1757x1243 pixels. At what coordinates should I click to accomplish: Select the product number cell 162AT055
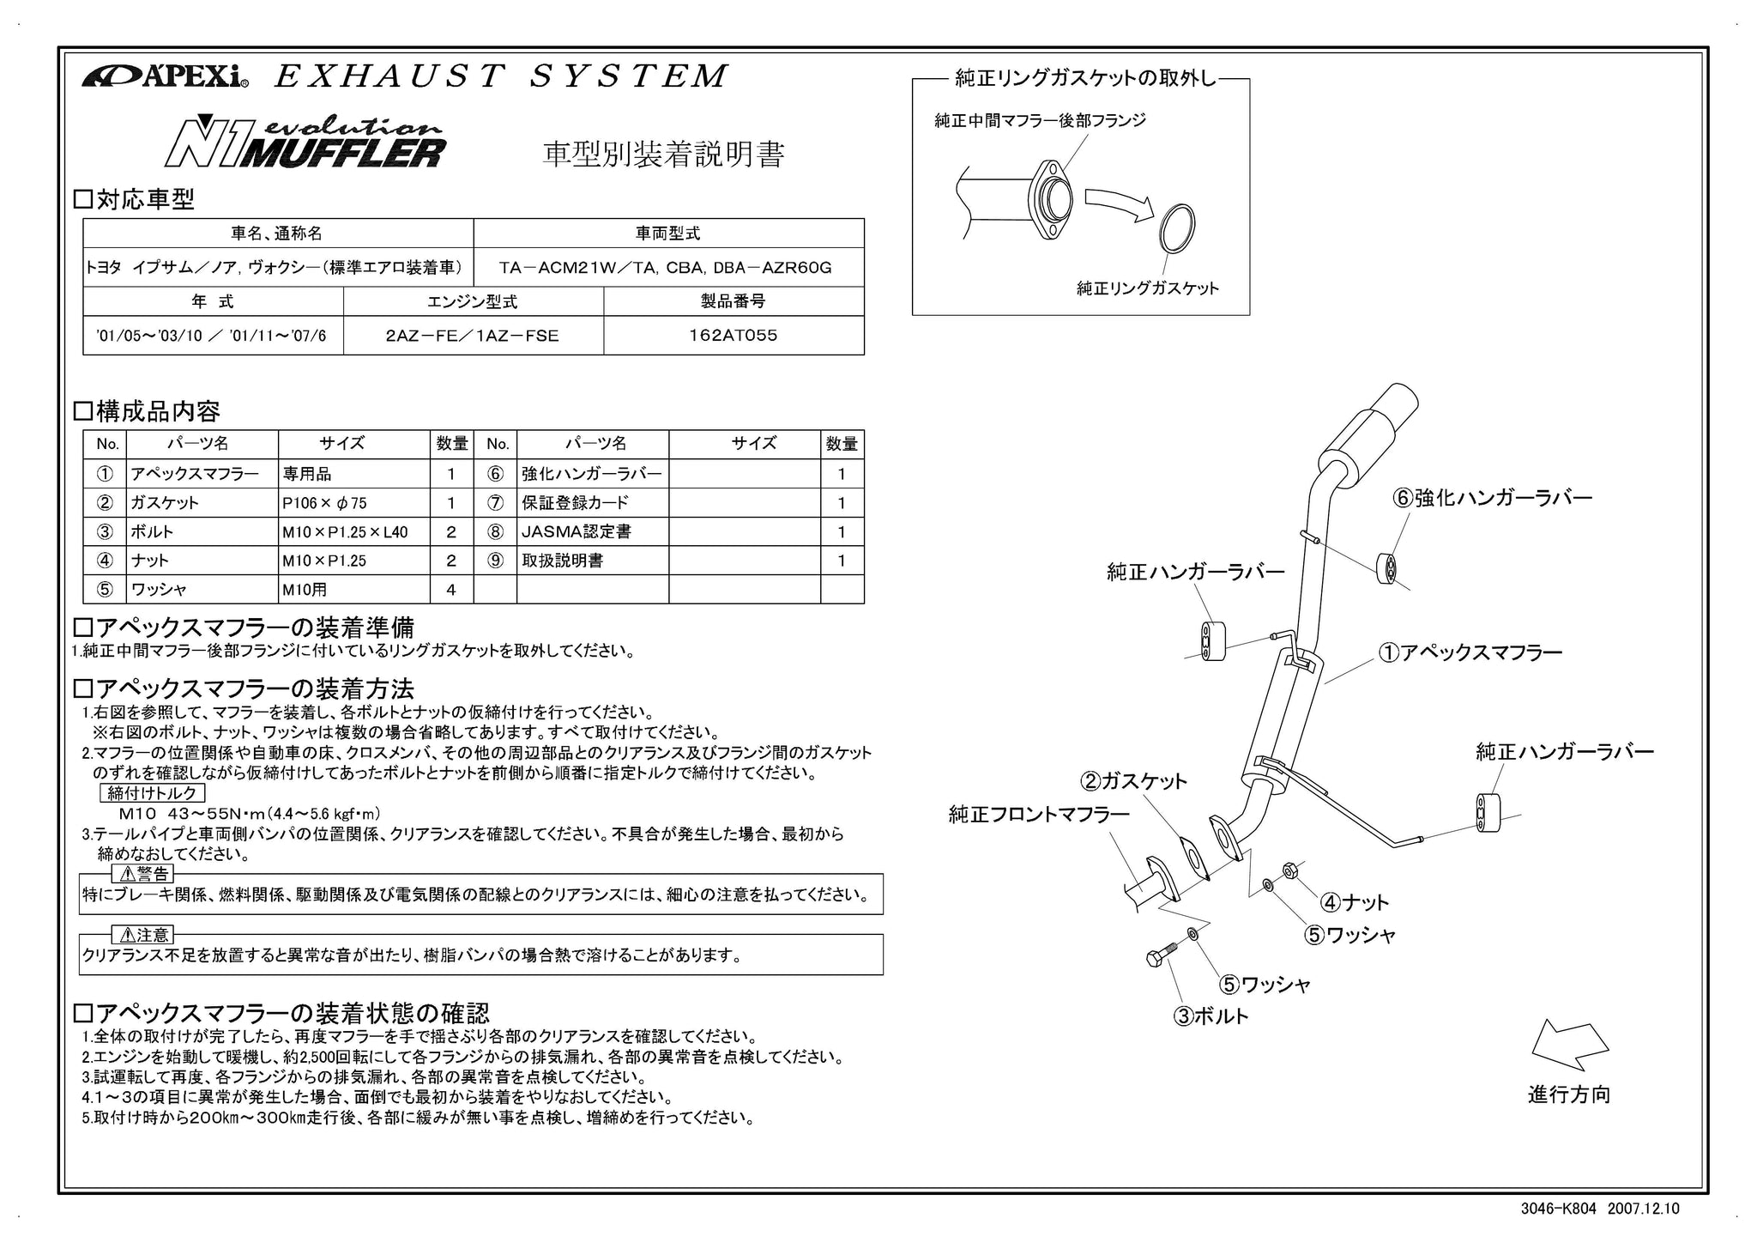[x=734, y=336]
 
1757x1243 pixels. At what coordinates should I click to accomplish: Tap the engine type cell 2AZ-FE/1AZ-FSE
[x=473, y=336]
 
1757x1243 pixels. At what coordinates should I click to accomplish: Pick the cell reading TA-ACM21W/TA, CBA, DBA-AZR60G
[x=669, y=268]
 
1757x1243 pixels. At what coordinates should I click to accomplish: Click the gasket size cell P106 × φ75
[x=353, y=503]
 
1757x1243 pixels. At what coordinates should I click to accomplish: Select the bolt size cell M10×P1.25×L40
[x=353, y=532]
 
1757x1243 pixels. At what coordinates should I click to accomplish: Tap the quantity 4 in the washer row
[x=451, y=590]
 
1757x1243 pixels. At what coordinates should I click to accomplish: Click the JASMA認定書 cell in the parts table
[x=593, y=532]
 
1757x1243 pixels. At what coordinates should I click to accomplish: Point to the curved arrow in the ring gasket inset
[x=1120, y=205]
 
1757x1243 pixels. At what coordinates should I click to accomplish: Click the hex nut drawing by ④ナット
[x=1289, y=871]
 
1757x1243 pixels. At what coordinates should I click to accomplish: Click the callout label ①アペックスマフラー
[x=1470, y=653]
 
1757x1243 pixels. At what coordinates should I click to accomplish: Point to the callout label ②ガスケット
[x=1133, y=781]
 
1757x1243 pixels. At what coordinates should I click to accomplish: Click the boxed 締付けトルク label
[x=152, y=792]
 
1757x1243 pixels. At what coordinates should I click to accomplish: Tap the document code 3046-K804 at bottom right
[x=1559, y=1209]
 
